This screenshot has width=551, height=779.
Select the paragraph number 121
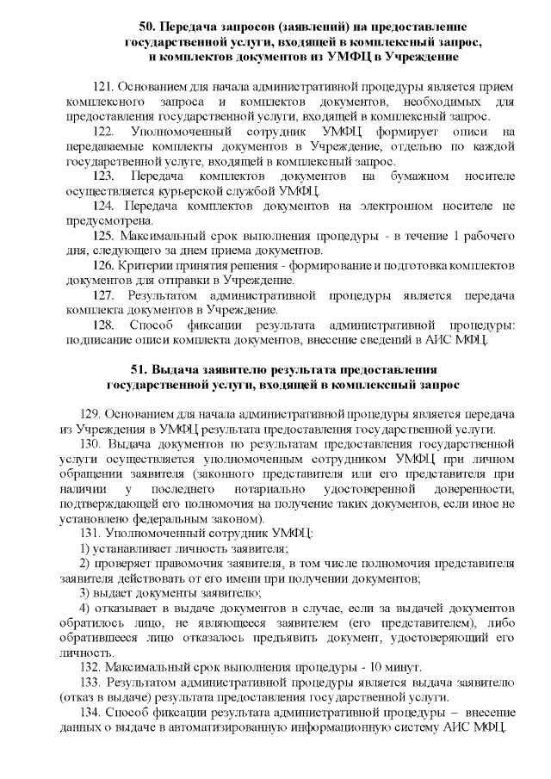102,87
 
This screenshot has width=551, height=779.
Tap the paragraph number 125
102,235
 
